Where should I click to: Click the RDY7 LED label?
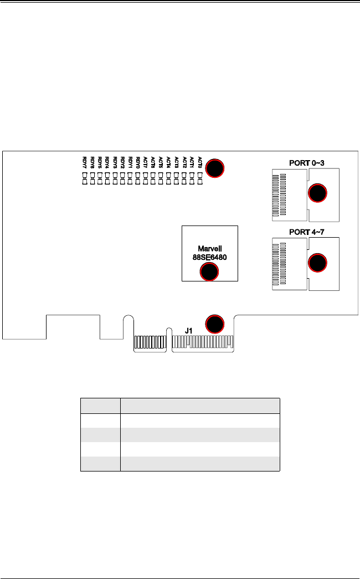point(84,162)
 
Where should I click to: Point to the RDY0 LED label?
point(138,162)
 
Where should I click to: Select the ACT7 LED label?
point(146,162)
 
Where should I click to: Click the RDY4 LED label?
point(107,162)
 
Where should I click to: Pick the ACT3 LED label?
point(177,162)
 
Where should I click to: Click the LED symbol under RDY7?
point(84,178)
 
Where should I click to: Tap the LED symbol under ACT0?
point(199,178)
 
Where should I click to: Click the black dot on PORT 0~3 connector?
point(317,193)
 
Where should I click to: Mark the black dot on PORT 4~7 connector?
point(317,262)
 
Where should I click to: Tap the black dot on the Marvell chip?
point(208,271)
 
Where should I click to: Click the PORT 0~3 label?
point(306,163)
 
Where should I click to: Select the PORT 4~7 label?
point(306,231)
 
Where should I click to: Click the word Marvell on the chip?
point(209,249)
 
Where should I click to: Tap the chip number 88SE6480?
point(209,257)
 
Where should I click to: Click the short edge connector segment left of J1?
point(150,342)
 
